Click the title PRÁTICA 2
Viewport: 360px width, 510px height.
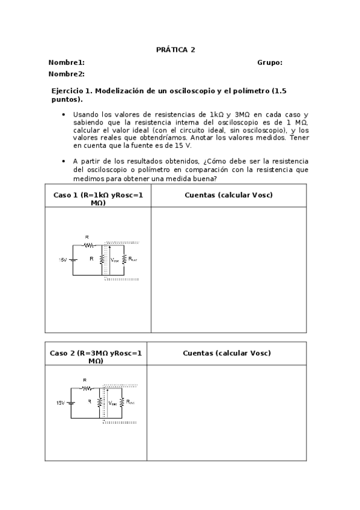click(175, 50)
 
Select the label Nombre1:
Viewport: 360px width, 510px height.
click(66, 63)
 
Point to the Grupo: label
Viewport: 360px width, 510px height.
click(270, 63)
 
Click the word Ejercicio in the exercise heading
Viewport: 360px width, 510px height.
click(70, 90)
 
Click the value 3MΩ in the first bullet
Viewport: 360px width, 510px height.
click(242, 114)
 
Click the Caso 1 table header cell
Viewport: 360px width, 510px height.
click(98, 198)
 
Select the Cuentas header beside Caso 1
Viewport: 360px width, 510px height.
click(228, 195)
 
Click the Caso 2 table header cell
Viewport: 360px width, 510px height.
click(96, 357)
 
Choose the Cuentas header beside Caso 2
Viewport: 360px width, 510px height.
click(227, 353)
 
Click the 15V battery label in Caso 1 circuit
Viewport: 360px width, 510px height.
click(63, 260)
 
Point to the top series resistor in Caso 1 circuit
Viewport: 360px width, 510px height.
click(88, 245)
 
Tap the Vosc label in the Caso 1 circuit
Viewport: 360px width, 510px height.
click(115, 260)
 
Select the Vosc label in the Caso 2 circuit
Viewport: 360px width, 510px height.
click(114, 403)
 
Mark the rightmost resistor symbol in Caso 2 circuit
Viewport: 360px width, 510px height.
click(121, 402)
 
